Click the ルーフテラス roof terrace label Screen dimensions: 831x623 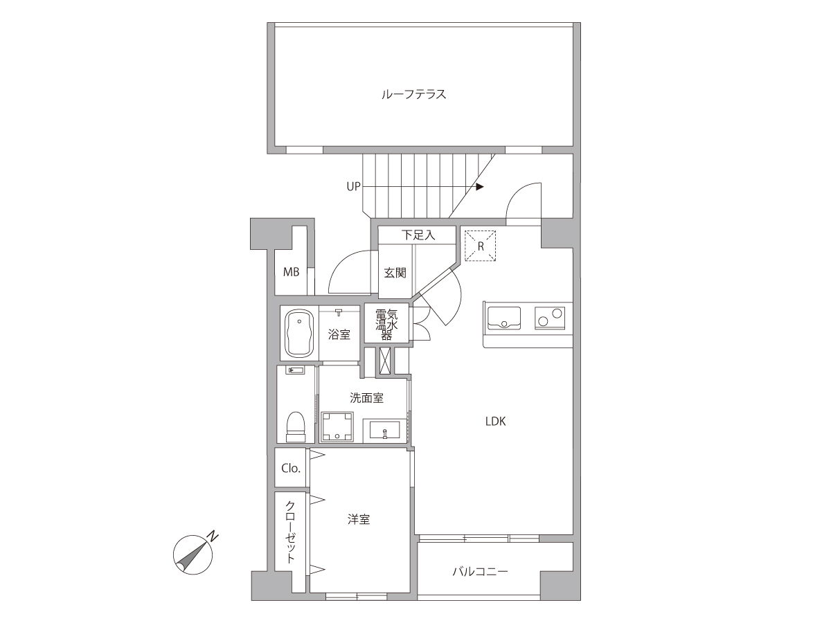tap(413, 94)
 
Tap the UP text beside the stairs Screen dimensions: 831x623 tap(354, 186)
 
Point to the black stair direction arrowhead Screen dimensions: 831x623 tap(480, 186)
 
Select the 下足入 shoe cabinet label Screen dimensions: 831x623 tap(418, 235)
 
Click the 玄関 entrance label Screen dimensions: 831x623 tap(395, 272)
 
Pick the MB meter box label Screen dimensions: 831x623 tap(291, 271)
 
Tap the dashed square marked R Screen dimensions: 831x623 tap(480, 246)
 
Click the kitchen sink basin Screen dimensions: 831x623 tap(504, 318)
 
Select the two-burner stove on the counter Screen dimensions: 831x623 tap(550, 318)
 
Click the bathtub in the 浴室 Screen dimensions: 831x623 tap(299, 333)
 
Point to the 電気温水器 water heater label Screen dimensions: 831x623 tap(386, 324)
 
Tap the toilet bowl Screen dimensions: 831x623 tap(296, 426)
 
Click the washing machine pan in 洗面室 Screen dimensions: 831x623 tap(337, 427)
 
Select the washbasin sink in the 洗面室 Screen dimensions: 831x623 tap(384, 430)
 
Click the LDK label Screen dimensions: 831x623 tap(495, 422)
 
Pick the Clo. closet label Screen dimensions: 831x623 tap(291, 469)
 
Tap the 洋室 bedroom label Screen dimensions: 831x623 tap(359, 519)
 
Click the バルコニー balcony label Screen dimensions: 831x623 tap(480, 571)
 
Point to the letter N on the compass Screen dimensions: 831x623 tap(213, 536)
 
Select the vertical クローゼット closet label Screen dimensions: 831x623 tap(290, 532)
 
